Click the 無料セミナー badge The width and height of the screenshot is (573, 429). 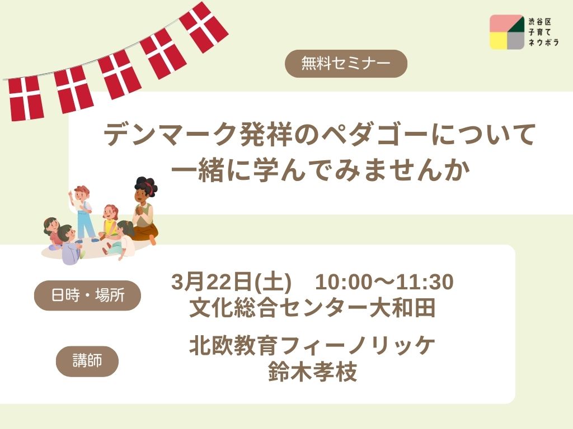pyautogui.click(x=346, y=64)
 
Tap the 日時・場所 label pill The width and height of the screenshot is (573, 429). pyautogui.click(x=87, y=295)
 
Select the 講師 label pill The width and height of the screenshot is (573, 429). pyautogui.click(x=87, y=361)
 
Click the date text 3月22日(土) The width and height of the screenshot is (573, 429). pyautogui.click(x=231, y=282)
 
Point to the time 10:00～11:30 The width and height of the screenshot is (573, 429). pyautogui.click(x=384, y=282)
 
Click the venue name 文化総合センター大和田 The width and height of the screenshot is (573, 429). pyautogui.click(x=312, y=308)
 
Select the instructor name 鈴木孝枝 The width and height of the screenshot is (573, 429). pyautogui.click(x=312, y=371)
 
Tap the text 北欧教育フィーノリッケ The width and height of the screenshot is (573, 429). pyautogui.click(x=312, y=345)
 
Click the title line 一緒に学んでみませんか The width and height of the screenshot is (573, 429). pyautogui.click(x=321, y=170)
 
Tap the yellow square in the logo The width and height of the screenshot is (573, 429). pyautogui.click(x=499, y=41)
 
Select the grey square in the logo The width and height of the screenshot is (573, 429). pyautogui.click(x=516, y=41)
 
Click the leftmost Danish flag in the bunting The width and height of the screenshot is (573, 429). pyautogui.click(x=26, y=98)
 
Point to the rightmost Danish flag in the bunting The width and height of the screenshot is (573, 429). pyautogui.click(x=204, y=27)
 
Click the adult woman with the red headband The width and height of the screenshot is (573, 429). pyautogui.click(x=145, y=211)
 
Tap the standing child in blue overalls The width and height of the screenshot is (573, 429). pyautogui.click(x=84, y=214)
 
